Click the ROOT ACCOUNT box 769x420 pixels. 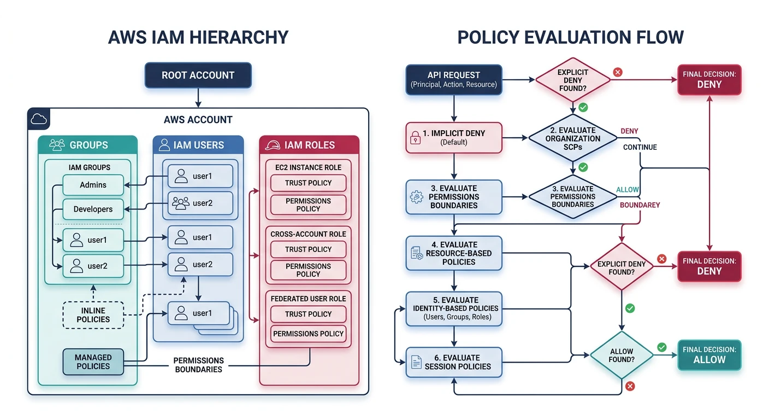tap(198, 75)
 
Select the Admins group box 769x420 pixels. tap(93, 185)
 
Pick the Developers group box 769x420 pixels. tap(93, 209)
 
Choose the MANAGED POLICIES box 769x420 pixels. tap(93, 362)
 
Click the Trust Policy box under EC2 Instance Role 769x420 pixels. tap(308, 183)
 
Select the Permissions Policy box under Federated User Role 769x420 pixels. tap(308, 334)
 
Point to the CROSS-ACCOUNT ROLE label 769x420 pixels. tap(308, 234)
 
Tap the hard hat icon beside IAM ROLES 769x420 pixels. tap(272, 145)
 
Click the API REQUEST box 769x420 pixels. tap(453, 79)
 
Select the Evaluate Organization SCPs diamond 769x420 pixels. tap(572, 138)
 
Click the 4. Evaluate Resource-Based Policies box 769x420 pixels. tap(453, 253)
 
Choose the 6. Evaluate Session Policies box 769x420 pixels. tap(453, 362)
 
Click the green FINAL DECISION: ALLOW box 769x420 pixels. tap(709, 355)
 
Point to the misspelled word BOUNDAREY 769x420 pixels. tap(640, 205)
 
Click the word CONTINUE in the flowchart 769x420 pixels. tap(640, 147)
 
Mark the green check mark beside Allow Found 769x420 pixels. tap(662, 347)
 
